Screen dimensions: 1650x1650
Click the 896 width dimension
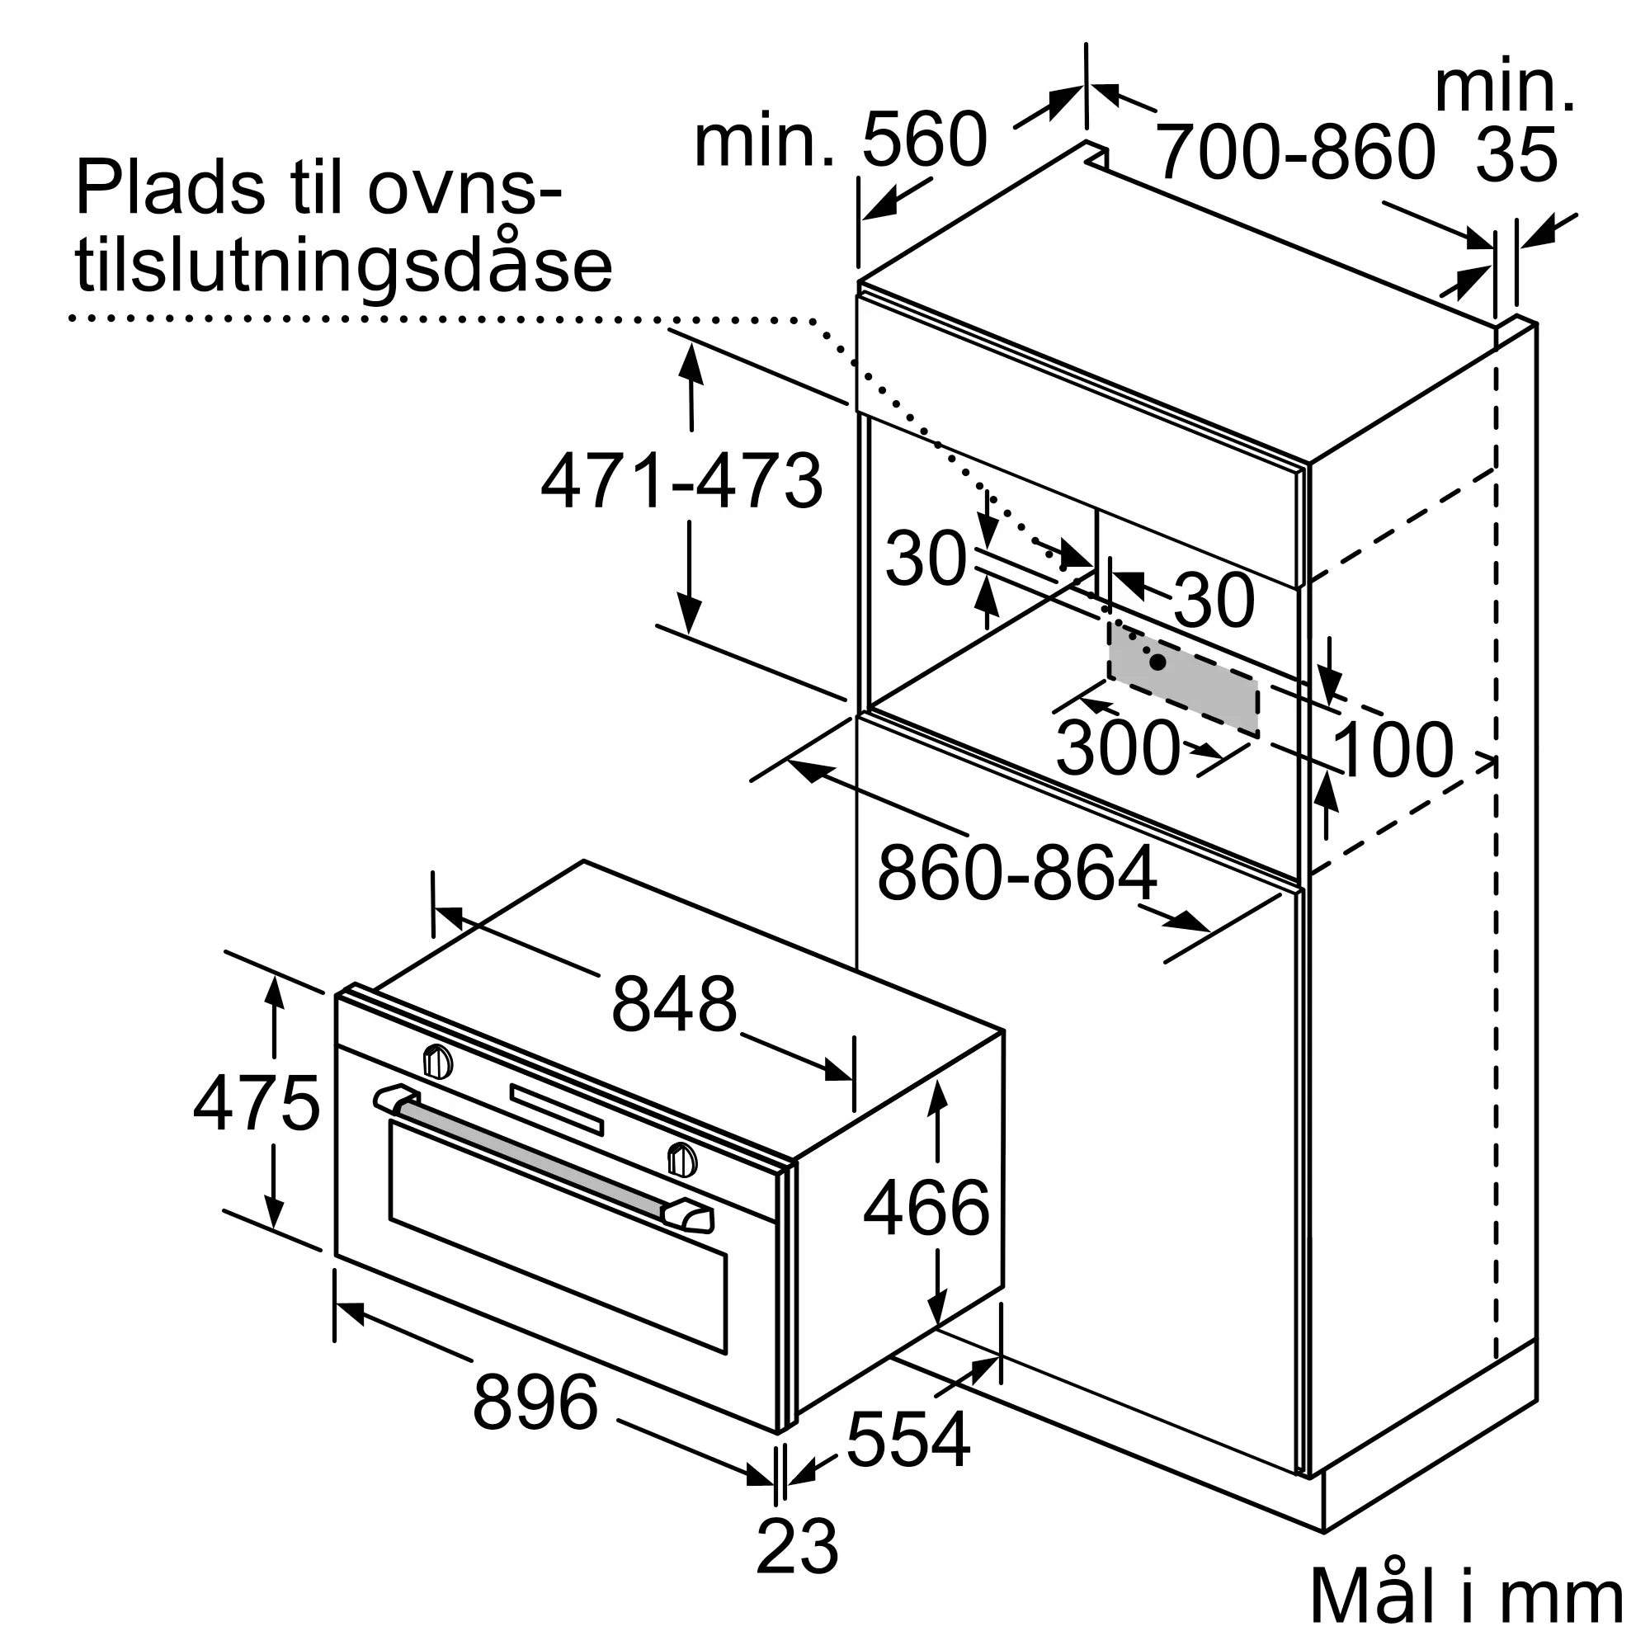535,1402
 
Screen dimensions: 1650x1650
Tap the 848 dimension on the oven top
674,1004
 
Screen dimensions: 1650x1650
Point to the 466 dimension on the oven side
926,1208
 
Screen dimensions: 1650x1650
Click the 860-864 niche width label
1017,873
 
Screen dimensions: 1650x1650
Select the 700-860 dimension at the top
1294,151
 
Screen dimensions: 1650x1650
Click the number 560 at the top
924,139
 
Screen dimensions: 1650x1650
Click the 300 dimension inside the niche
1118,747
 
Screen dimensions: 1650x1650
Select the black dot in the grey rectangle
1158,661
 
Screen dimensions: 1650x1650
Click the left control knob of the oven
438,1062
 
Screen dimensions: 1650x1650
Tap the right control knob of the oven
681,1160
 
